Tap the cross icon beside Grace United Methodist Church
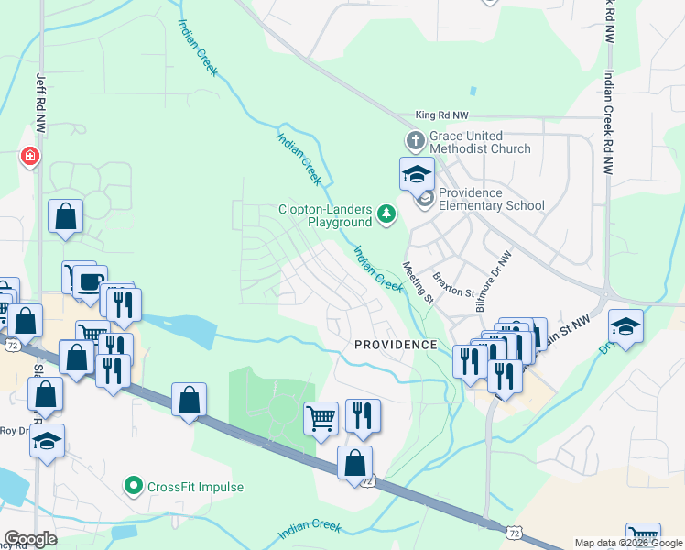tap(414, 141)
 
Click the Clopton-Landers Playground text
tap(326, 215)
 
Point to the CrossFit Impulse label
tap(195, 487)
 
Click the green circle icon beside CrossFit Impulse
tap(134, 486)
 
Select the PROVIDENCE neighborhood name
tap(396, 345)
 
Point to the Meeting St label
tap(418, 282)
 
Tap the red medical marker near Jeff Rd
tap(31, 158)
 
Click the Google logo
tap(30, 539)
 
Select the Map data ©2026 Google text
tap(627, 543)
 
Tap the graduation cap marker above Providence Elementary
tap(416, 173)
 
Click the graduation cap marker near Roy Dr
tap(47, 441)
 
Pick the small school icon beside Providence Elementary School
tap(426, 199)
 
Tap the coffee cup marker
tap(89, 281)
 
